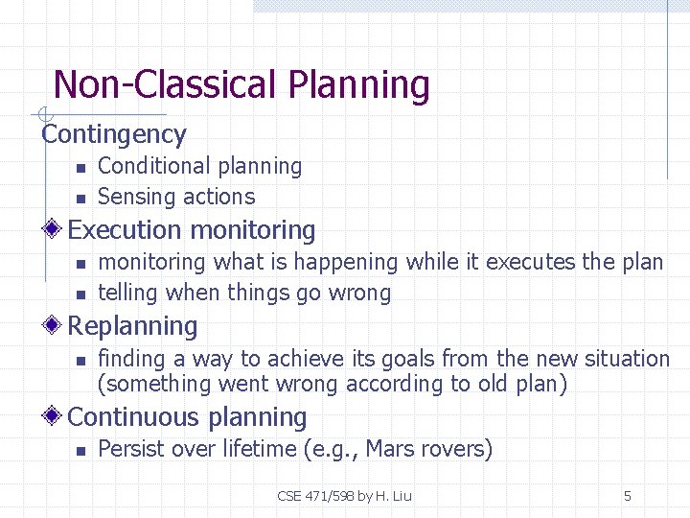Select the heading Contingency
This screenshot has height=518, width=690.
coord(113,134)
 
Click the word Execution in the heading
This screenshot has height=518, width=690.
coord(125,230)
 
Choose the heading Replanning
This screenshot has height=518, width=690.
coord(132,326)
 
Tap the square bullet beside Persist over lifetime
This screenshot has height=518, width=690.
coord(81,450)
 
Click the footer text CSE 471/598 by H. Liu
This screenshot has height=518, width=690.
coord(344,496)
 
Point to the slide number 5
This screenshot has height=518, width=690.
coord(627,496)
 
